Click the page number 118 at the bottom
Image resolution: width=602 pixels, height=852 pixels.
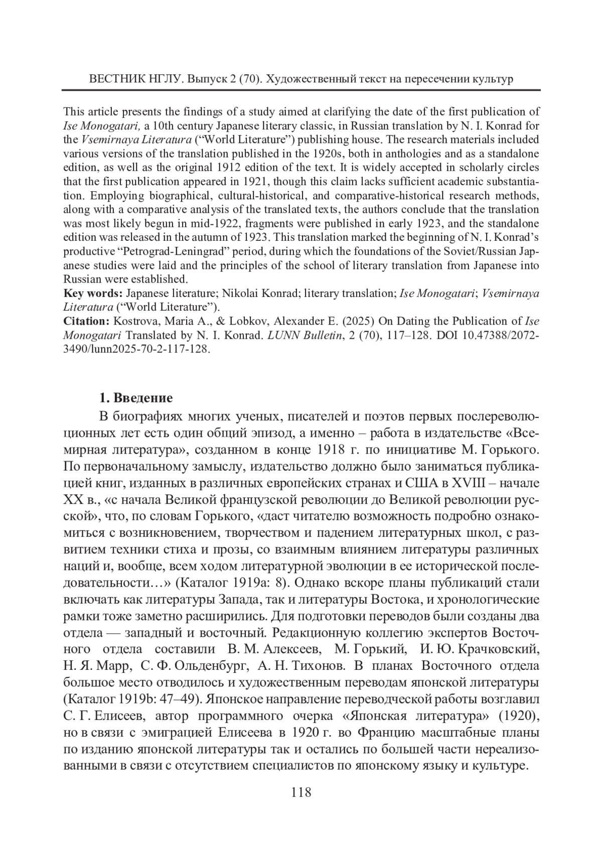point(301,792)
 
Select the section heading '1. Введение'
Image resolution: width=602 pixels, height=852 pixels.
point(135,398)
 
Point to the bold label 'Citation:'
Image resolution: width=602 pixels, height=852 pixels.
point(86,321)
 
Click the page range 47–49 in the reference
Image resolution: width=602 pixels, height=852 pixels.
point(158,699)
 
